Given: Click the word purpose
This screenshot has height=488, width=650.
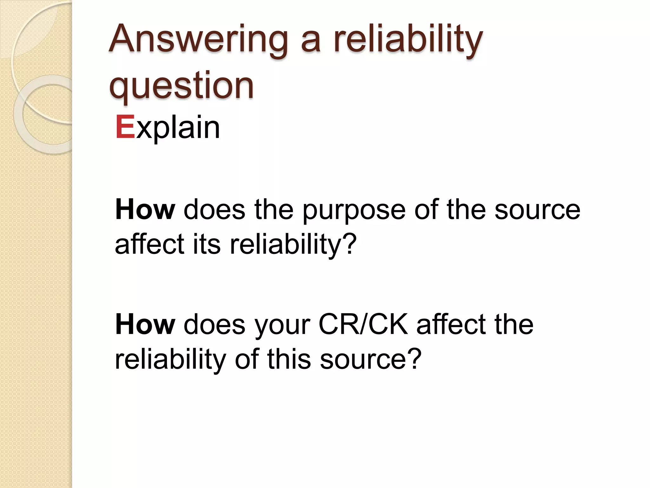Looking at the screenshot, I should coord(354,211).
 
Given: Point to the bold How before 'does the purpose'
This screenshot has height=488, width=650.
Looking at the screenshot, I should coord(145,210).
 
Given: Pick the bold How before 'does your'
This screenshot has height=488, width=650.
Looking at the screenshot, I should coord(145,324).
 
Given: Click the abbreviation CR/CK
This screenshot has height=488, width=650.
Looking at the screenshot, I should coord(363,324).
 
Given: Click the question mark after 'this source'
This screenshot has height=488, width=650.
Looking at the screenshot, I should coord(414,359).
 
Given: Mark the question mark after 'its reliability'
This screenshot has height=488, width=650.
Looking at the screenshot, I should coord(349,244).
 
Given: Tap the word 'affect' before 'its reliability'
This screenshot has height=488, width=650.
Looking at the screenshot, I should coord(149,244).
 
